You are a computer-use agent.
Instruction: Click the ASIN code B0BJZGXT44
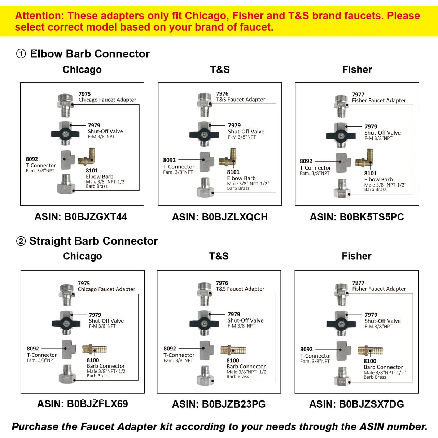[x=96, y=216]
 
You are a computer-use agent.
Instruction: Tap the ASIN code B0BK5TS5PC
[x=372, y=217]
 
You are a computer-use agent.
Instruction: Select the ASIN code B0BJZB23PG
[x=234, y=404]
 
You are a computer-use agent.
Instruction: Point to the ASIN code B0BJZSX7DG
[x=371, y=404]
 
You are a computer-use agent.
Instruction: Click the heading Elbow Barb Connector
[x=90, y=54]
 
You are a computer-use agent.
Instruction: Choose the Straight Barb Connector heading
[x=93, y=241]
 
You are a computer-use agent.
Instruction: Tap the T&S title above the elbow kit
[x=220, y=69]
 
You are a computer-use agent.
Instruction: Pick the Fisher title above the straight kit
[x=356, y=256]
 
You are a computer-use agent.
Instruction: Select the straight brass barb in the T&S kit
[x=233, y=350]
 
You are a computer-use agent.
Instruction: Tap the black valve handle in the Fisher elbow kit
[x=341, y=136]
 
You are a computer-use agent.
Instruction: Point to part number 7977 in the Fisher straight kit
[x=358, y=283]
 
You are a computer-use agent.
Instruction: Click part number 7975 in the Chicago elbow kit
[x=84, y=94]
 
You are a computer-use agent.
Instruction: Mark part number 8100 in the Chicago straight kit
[x=93, y=360]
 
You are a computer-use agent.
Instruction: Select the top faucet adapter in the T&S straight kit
[x=205, y=294]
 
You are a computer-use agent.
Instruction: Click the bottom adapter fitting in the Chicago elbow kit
[x=66, y=184]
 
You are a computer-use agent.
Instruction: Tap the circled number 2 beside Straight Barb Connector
[x=21, y=241]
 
